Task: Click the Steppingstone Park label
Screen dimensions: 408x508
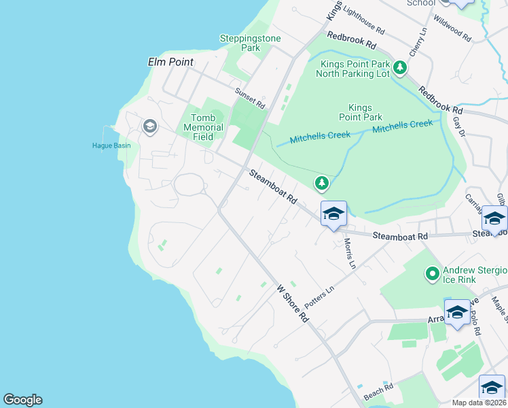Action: (x=250, y=44)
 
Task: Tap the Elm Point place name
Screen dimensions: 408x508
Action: (x=170, y=62)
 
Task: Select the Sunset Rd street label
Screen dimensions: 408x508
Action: (x=249, y=99)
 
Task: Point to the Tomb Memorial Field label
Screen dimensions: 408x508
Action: (x=204, y=127)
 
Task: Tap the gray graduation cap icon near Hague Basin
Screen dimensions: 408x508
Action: (x=149, y=126)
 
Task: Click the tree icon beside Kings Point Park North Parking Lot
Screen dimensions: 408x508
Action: (x=401, y=67)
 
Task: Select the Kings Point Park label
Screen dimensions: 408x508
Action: (x=365, y=112)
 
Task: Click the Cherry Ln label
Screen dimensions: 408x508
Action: (x=418, y=42)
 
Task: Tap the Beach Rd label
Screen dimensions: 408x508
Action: (x=378, y=392)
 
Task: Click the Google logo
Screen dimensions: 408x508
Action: (x=22, y=400)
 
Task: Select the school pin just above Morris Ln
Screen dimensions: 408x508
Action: (x=333, y=214)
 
